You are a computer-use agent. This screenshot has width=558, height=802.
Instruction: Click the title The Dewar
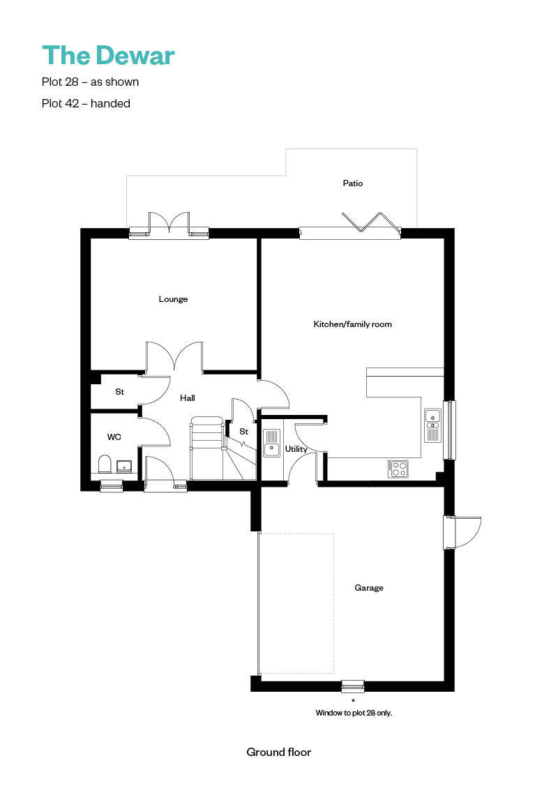[108, 55]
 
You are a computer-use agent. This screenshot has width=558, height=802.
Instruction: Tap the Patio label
[353, 183]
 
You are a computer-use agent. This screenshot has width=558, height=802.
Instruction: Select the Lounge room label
[174, 299]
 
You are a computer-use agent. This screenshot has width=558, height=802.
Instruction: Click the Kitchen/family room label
[352, 324]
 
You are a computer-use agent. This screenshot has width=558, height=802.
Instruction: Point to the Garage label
[369, 588]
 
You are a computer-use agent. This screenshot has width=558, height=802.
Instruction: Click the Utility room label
[296, 449]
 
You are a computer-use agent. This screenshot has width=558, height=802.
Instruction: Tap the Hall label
[187, 398]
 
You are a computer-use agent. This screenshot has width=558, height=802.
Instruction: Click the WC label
[114, 437]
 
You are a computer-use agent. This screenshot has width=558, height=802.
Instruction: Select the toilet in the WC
[105, 464]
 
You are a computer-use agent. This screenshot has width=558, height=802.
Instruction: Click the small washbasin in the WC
[124, 467]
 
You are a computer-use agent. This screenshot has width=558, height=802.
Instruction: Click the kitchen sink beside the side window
[432, 425]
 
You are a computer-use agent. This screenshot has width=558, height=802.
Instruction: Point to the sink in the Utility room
[271, 443]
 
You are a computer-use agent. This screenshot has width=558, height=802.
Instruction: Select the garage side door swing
[467, 532]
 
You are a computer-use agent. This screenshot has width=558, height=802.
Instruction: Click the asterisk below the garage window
[353, 700]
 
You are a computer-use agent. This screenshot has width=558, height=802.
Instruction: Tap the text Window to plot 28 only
[354, 713]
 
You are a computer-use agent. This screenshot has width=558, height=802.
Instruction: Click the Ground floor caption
[279, 752]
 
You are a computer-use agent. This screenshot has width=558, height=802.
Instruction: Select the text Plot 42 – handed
[86, 103]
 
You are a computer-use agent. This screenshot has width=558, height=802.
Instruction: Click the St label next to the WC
[120, 392]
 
